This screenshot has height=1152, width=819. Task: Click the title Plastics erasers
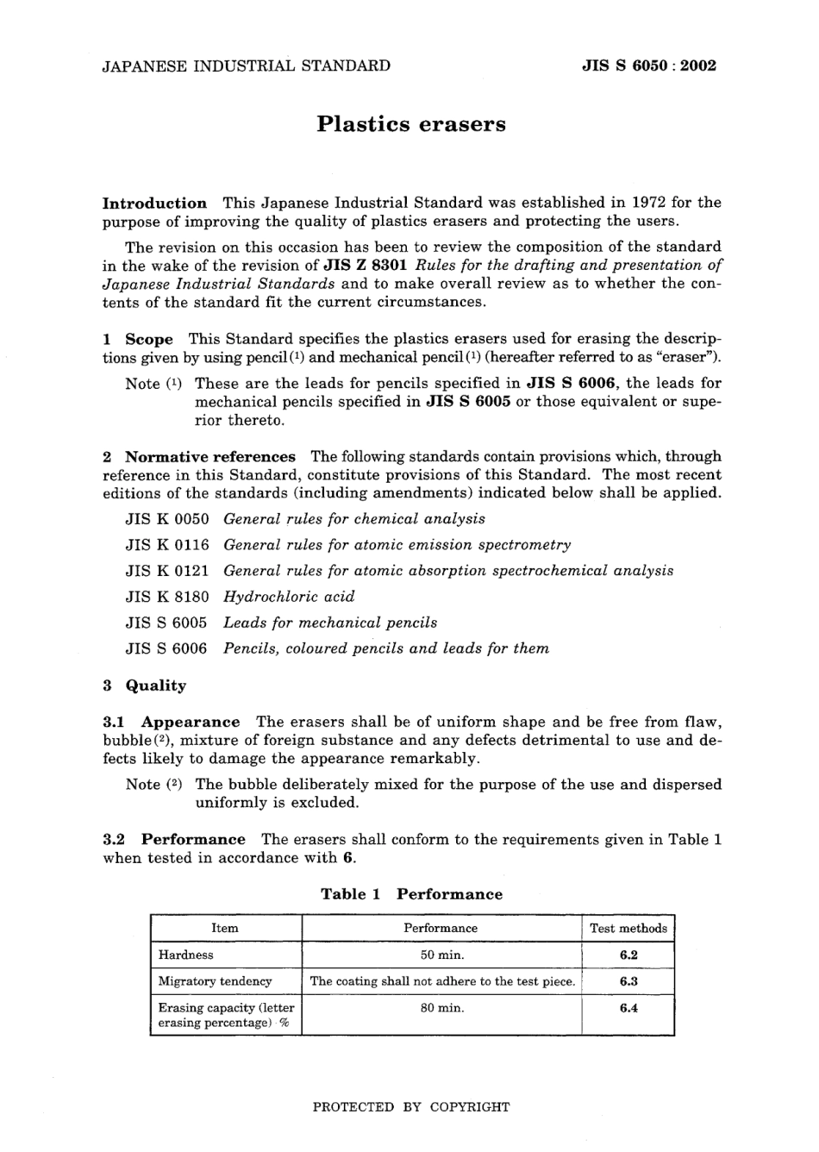point(410,124)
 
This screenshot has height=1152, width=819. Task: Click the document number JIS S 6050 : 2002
point(649,66)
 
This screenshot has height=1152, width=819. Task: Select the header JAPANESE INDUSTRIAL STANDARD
point(246,66)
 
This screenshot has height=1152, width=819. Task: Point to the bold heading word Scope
point(149,340)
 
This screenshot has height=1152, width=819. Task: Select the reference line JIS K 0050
point(167,519)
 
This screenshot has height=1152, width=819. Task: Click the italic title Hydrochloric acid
point(289,597)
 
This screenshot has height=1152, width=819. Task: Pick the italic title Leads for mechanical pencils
point(330,623)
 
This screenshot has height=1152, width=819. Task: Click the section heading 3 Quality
point(145,686)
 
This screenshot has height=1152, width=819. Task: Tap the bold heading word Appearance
point(191,723)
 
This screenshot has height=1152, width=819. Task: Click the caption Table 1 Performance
point(411,894)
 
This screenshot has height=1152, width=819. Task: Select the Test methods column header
point(628,929)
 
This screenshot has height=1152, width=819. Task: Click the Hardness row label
point(185,955)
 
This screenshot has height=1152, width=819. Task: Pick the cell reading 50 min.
point(441,955)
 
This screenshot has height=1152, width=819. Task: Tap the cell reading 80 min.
point(441,1007)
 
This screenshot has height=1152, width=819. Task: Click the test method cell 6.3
point(628,981)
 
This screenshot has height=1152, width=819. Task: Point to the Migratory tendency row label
point(215,981)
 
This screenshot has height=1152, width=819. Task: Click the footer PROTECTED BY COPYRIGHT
point(410,1107)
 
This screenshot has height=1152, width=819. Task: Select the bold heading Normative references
point(210,457)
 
